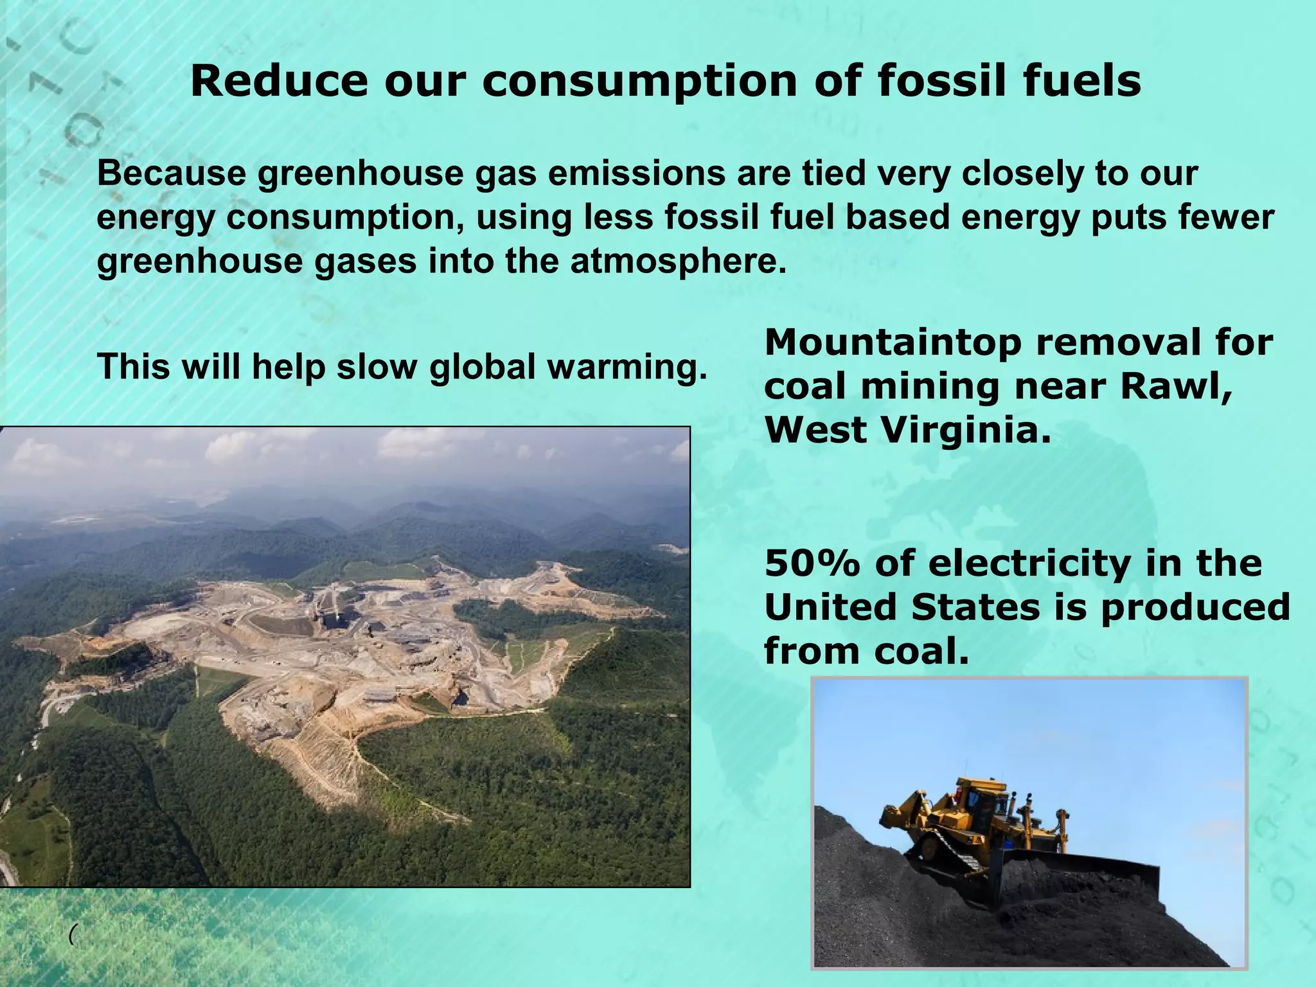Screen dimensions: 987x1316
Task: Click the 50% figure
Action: coord(812,564)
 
